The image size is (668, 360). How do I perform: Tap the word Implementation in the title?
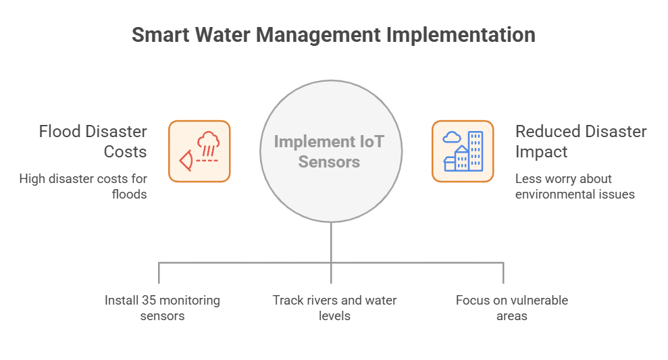(460, 35)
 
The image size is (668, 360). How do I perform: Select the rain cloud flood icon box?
(199, 151)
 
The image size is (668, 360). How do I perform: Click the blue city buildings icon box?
(463, 151)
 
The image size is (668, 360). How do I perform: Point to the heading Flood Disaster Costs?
(93, 141)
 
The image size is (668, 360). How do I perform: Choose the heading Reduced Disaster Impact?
(580, 141)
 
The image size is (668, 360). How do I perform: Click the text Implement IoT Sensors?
(330, 151)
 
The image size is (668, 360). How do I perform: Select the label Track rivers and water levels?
(334, 307)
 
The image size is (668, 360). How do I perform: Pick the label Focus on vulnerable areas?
(511, 307)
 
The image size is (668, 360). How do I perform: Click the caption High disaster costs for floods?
(83, 186)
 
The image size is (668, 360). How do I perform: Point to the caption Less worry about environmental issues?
(574, 186)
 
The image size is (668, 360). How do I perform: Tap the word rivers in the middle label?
(320, 300)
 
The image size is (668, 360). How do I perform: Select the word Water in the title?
(223, 35)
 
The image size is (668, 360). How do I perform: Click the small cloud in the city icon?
(451, 138)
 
